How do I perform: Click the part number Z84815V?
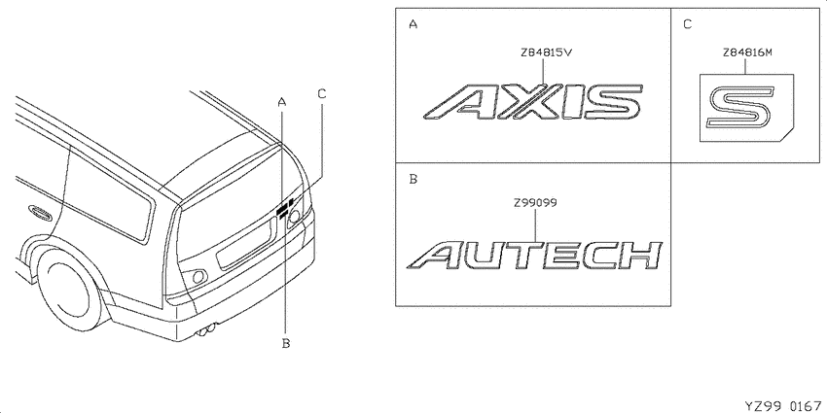pos(546,52)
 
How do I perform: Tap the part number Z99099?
pos(536,202)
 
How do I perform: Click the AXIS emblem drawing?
pos(533,101)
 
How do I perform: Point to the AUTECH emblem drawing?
pos(535,256)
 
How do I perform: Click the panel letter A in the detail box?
pos(413,24)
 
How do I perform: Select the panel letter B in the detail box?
pos(413,180)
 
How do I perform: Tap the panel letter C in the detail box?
pos(687,24)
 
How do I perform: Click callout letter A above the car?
pos(282,102)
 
